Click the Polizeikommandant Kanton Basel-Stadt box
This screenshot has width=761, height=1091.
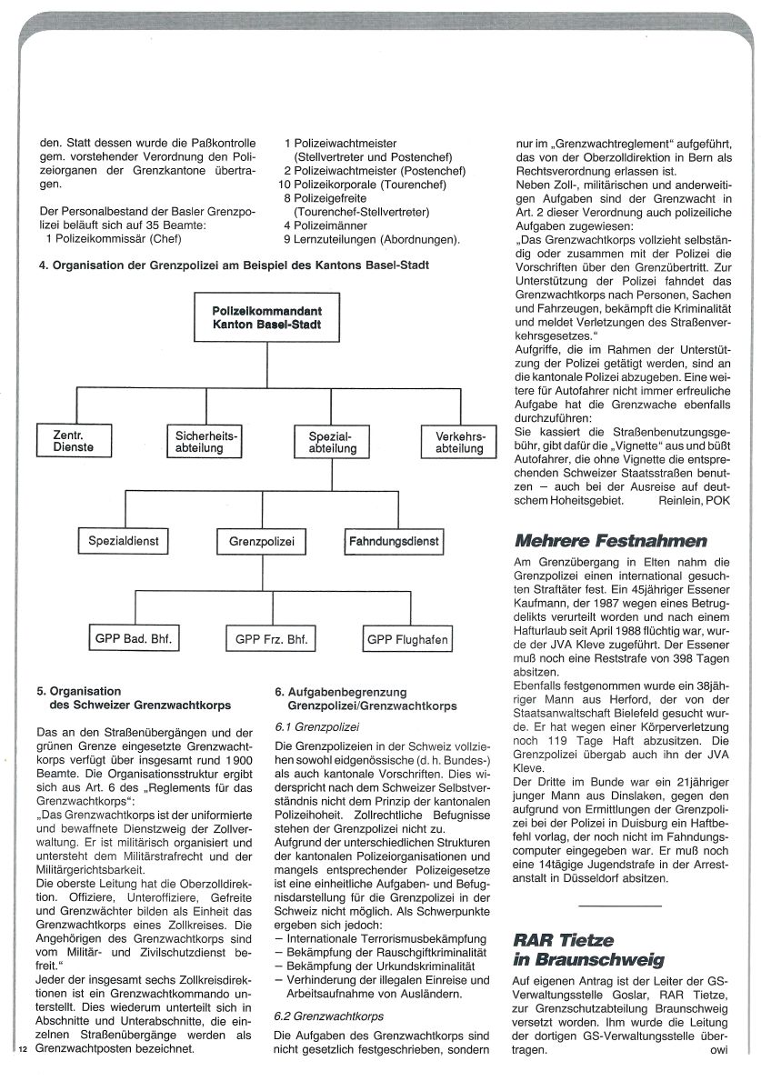(x=261, y=318)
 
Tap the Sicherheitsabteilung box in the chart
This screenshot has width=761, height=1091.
(x=205, y=442)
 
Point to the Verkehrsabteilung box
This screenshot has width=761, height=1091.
(x=459, y=443)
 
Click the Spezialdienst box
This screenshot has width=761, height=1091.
(x=124, y=542)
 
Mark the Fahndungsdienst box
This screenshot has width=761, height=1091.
(x=394, y=542)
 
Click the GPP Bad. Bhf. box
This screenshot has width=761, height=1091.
(x=134, y=640)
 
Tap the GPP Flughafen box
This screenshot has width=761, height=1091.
(x=407, y=641)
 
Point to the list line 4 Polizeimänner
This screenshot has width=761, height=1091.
(x=325, y=225)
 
